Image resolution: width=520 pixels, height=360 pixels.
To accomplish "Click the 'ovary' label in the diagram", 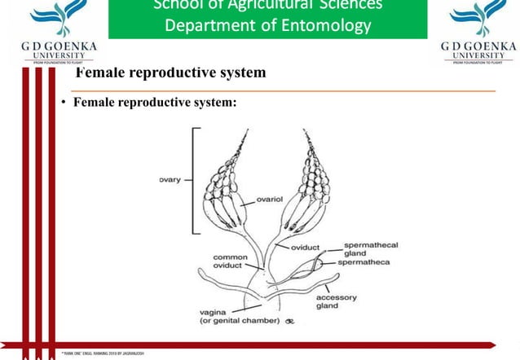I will click(170, 179).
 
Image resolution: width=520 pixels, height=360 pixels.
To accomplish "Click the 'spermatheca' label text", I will click(368, 262).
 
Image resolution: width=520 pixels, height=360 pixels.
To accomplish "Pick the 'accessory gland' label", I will click(336, 302).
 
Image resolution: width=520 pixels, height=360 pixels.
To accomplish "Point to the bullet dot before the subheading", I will click(61, 103).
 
